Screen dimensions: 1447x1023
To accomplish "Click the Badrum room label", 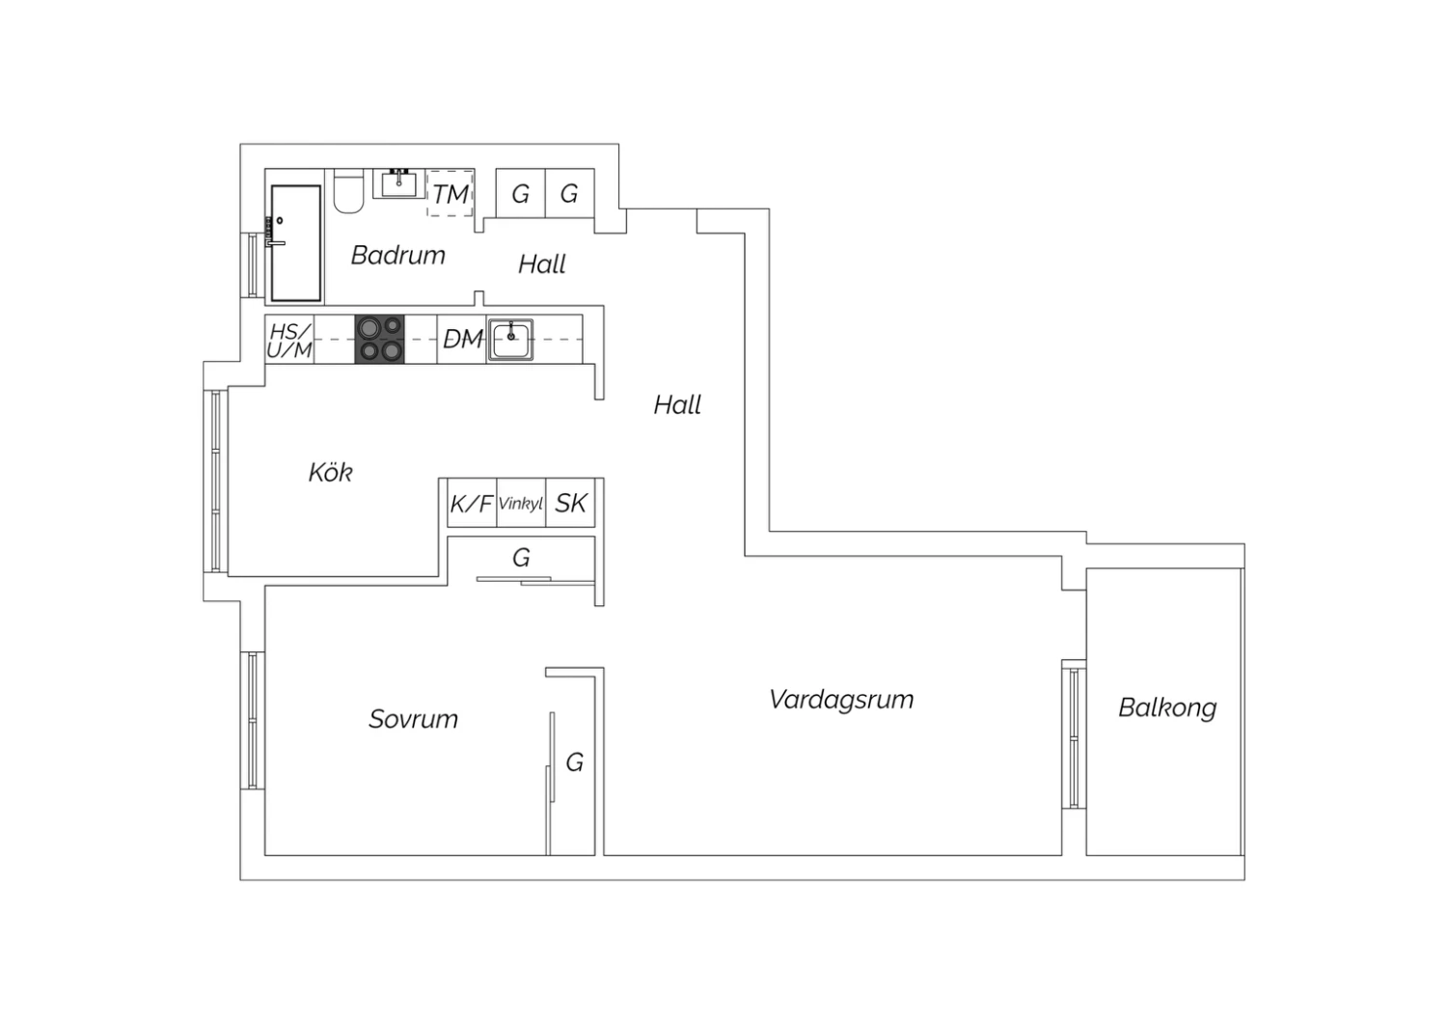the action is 397,256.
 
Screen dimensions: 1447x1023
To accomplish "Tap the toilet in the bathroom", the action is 349,191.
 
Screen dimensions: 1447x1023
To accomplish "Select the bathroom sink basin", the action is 398,183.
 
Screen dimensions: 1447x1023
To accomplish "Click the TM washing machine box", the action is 450,193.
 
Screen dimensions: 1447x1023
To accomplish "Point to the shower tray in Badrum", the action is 296,243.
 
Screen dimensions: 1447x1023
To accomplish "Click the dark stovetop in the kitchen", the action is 380,339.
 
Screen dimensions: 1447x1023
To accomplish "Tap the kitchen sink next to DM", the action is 510,340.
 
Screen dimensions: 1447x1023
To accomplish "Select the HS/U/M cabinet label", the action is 289,341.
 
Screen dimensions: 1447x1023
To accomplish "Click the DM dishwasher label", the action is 462,339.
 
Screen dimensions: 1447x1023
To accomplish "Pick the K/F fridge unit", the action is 473,503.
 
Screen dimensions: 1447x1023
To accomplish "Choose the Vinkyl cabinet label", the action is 521,503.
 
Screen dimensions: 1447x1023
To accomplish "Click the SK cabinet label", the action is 571,503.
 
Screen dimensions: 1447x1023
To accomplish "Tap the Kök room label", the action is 330,472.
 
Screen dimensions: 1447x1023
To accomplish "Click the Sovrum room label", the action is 414,719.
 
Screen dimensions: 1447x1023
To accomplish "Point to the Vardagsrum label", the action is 841,700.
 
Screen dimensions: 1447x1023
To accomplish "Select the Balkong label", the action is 1167,707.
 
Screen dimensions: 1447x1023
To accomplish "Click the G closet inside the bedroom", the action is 574,762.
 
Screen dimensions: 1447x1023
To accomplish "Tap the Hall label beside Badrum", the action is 542,264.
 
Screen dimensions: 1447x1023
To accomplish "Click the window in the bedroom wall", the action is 253,720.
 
